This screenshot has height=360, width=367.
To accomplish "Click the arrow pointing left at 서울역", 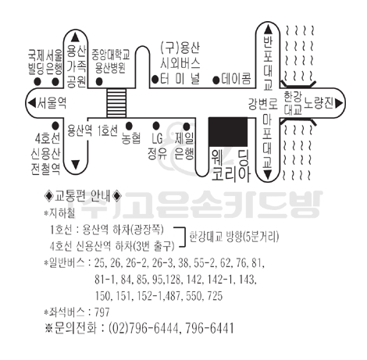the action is (x=32, y=103).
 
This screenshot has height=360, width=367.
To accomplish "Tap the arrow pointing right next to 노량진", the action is (x=339, y=103).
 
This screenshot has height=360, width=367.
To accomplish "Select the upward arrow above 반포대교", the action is (x=268, y=30).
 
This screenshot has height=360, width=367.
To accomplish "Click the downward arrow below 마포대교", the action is (x=268, y=174).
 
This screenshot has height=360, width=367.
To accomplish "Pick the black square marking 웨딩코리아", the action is (x=228, y=132).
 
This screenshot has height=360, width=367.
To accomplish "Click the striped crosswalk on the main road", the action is (x=116, y=103).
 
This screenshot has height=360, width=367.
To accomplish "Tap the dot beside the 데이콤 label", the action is (x=216, y=80).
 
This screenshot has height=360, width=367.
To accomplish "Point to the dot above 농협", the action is (x=129, y=126).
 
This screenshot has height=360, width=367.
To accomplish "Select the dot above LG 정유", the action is (x=156, y=126).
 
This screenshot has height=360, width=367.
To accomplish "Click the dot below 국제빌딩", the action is (x=37, y=82).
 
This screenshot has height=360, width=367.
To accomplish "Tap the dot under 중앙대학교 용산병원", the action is (x=99, y=82).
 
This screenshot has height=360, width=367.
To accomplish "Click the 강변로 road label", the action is (x=263, y=104).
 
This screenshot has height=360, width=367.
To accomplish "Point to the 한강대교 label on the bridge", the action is (x=292, y=103).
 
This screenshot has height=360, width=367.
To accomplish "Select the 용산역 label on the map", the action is (x=80, y=130).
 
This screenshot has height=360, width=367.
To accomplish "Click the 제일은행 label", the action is (x=184, y=146).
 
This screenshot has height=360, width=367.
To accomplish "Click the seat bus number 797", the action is (x=102, y=312).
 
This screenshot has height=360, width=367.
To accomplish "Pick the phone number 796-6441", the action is (x=209, y=328).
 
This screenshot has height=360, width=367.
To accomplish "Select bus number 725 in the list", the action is (x=215, y=296).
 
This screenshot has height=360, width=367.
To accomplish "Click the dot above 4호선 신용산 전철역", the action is (x=55, y=126).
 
